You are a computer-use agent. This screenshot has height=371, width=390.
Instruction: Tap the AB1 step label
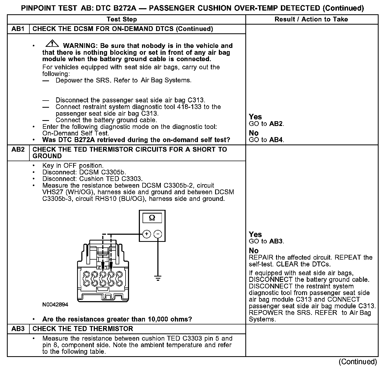pyautogui.click(x=18, y=29)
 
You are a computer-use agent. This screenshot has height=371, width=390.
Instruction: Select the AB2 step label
pyautogui.click(x=18, y=150)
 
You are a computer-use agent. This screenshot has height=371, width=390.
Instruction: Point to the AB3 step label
pyautogui.click(x=18, y=329)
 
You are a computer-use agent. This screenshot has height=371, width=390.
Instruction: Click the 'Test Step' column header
pyautogui.click(x=122, y=19)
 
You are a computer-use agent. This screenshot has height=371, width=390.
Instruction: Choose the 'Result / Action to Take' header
pyautogui.click(x=311, y=19)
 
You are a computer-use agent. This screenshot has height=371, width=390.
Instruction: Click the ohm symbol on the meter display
pyautogui.click(x=152, y=218)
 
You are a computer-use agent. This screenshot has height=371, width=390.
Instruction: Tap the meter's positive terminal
pyautogui.click(x=147, y=234)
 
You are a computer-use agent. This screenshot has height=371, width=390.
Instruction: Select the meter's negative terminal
pyautogui.click(x=158, y=234)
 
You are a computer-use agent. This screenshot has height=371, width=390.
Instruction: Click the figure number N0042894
pyautogui.click(x=55, y=305)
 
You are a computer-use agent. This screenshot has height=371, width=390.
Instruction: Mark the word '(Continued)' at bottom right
pyautogui.click(x=358, y=362)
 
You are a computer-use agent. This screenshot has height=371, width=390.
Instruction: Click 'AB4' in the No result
pyautogui.click(x=276, y=140)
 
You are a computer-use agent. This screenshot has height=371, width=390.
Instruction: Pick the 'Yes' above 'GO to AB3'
pyautogui.click(x=255, y=234)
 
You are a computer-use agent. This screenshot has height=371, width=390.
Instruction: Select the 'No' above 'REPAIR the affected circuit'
pyautogui.click(x=254, y=251)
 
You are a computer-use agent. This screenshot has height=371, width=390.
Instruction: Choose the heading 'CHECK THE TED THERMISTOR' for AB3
pyautogui.click(x=83, y=329)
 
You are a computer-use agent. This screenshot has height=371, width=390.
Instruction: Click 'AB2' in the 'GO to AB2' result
pyautogui.click(x=276, y=124)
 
